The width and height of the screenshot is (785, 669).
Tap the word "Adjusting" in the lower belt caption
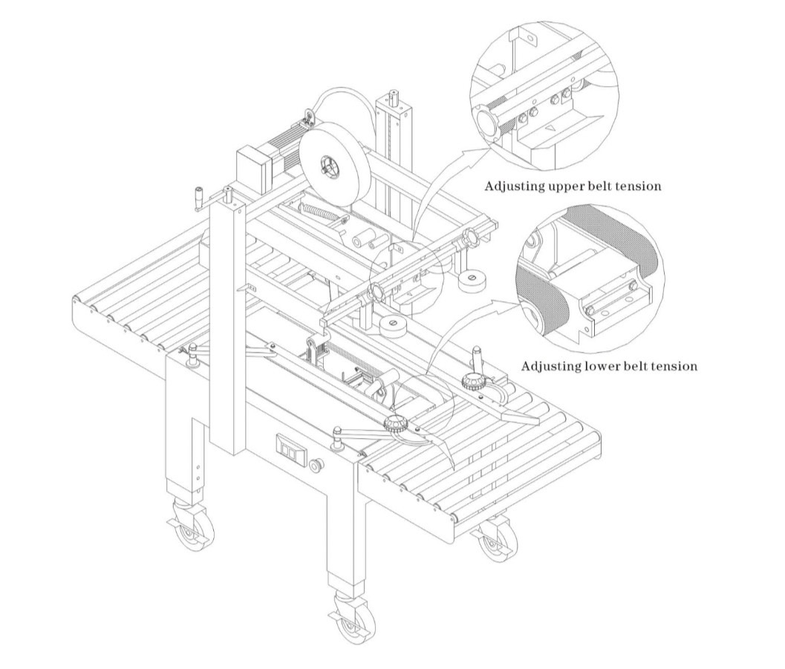(550, 367)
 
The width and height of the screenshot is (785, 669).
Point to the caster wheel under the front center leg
(354, 616)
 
